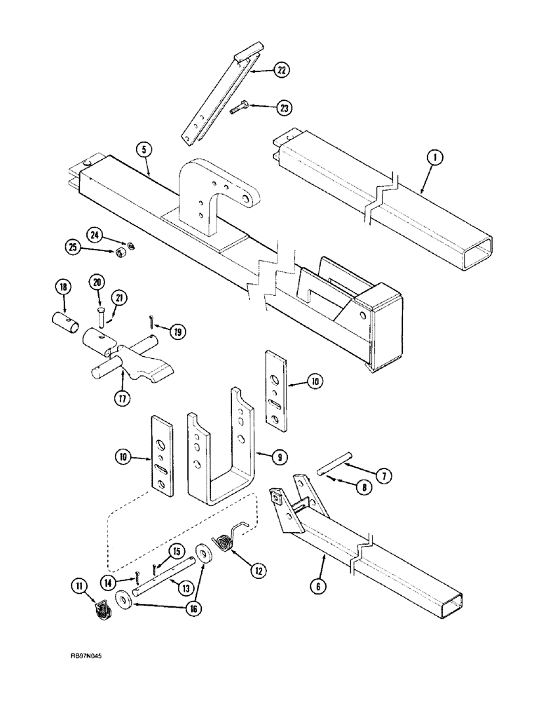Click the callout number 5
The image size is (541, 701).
coord(143,149)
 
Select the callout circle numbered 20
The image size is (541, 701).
coord(97,282)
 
